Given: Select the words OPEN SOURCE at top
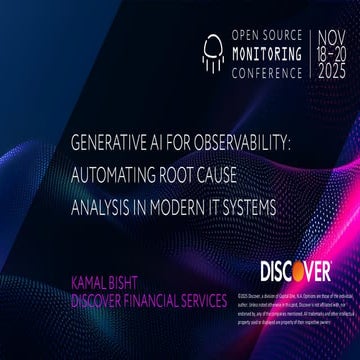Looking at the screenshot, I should coord(262,34).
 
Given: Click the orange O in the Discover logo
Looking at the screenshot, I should coord(319,271).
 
